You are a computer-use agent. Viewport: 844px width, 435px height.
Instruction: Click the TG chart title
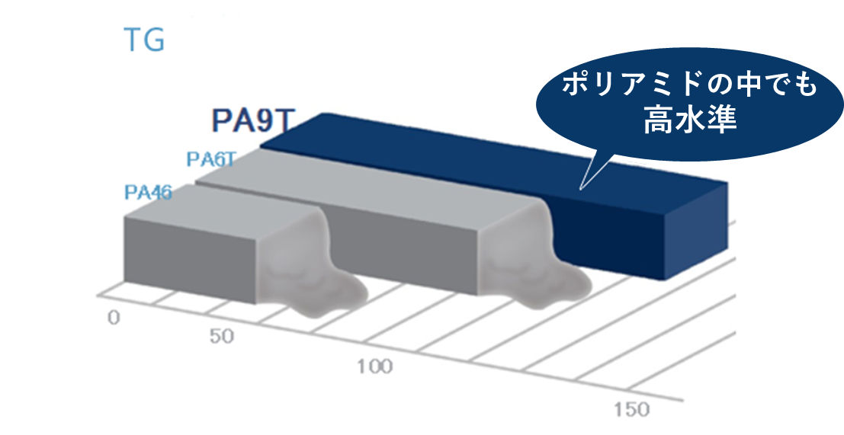[144, 40]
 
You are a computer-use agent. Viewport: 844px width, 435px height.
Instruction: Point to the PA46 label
[148, 193]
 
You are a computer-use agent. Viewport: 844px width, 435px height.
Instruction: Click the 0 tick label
[113, 318]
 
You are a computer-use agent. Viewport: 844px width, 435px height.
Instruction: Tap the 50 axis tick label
[221, 337]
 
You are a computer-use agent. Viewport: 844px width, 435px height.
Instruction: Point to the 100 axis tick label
[375, 367]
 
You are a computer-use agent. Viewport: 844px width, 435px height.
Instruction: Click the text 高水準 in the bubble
[690, 120]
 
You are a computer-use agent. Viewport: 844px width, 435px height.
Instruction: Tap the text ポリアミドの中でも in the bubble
[689, 85]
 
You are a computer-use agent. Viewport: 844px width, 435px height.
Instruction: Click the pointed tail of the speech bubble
[579, 189]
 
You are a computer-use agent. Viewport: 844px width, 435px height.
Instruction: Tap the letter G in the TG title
[155, 40]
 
